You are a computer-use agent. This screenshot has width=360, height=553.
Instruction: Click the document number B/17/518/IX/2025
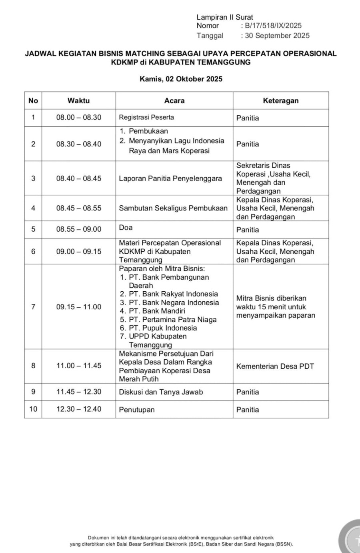point(273,26)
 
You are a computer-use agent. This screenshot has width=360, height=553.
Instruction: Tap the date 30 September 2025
point(277,36)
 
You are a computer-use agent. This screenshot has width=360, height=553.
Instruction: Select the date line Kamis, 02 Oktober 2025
point(181,79)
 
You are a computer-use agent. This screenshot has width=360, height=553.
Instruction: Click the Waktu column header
point(78,101)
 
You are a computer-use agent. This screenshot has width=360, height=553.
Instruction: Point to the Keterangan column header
point(280,101)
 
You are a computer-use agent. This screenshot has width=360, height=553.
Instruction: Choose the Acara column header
point(174,101)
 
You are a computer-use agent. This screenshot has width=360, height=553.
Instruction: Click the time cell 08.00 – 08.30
point(79,118)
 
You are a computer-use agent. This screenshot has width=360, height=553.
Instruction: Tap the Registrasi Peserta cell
point(146,117)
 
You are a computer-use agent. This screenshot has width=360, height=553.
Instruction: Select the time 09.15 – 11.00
point(79,307)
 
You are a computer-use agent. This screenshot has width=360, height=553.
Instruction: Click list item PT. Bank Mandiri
point(157,311)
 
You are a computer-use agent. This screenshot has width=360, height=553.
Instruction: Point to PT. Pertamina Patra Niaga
point(172,319)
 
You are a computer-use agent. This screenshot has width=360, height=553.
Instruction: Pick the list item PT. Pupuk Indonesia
point(163,328)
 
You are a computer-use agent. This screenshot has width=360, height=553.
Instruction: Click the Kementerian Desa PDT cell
point(275,366)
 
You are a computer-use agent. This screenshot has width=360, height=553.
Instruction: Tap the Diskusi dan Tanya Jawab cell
point(161,392)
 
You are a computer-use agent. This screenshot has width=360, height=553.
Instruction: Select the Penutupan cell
point(137,410)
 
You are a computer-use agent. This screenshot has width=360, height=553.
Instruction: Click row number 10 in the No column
point(33,409)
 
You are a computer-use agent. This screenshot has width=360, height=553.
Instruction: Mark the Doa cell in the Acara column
point(126,228)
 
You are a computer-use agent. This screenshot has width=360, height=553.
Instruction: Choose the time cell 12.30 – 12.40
point(79,409)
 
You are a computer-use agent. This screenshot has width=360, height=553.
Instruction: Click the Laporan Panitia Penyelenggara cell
point(170,178)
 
